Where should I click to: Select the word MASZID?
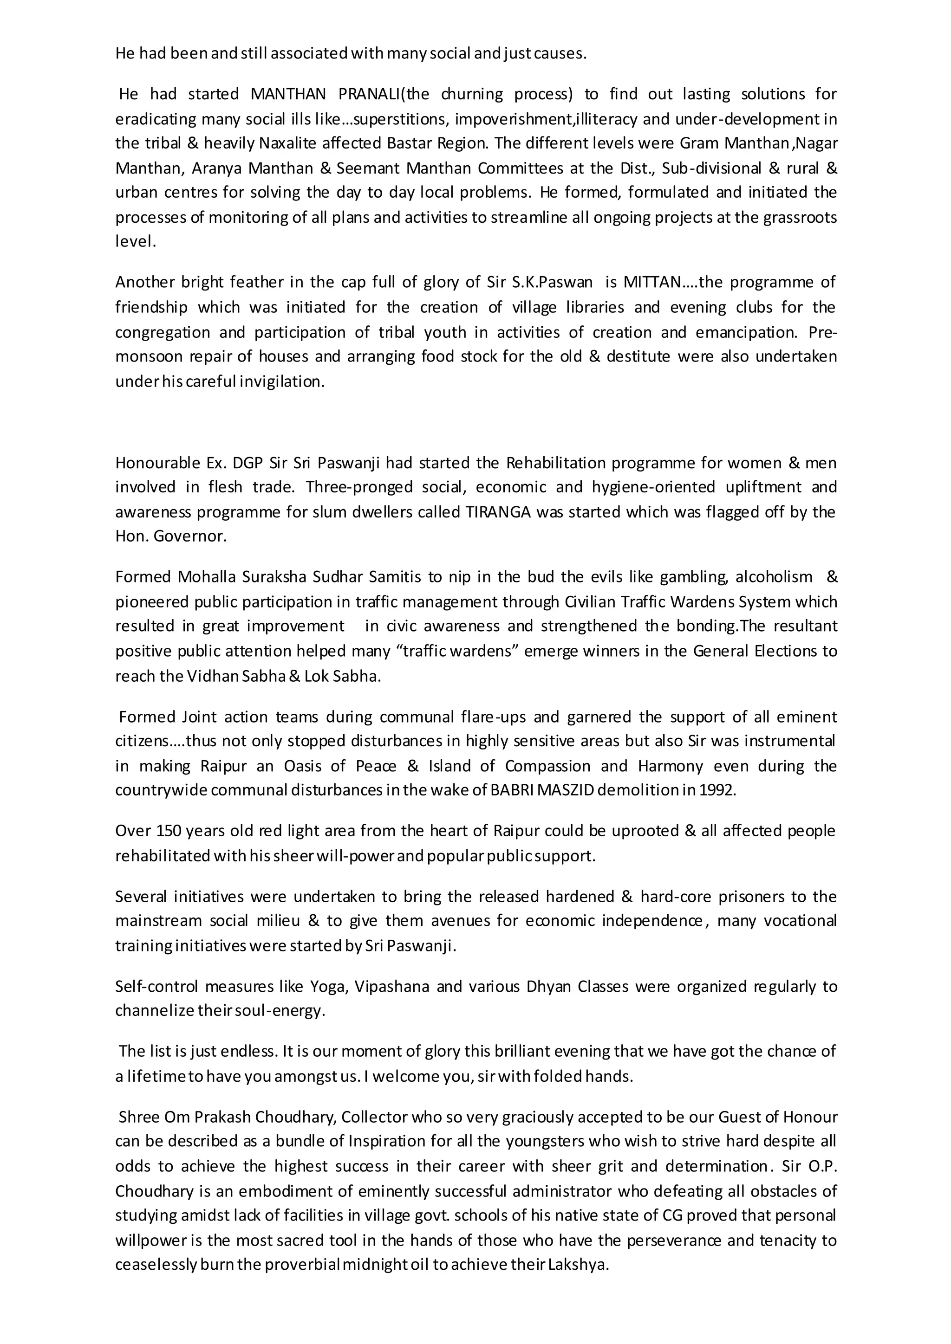tap(563, 790)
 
